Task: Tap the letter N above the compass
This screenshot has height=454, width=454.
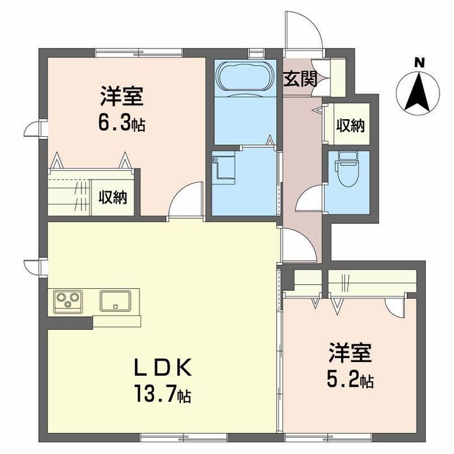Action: (x=417, y=62)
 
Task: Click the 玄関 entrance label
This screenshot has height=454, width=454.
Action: (x=299, y=79)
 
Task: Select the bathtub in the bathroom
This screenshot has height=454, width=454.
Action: (x=245, y=78)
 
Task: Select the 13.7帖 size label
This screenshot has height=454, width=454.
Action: (x=162, y=395)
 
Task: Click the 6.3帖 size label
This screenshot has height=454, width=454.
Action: (x=122, y=124)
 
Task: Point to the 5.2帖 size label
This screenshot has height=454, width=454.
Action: (x=351, y=380)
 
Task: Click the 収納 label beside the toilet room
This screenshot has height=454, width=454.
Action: (x=350, y=125)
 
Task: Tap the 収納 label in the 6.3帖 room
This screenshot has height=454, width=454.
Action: (x=113, y=197)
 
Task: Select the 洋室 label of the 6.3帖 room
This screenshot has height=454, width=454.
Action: (x=122, y=97)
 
